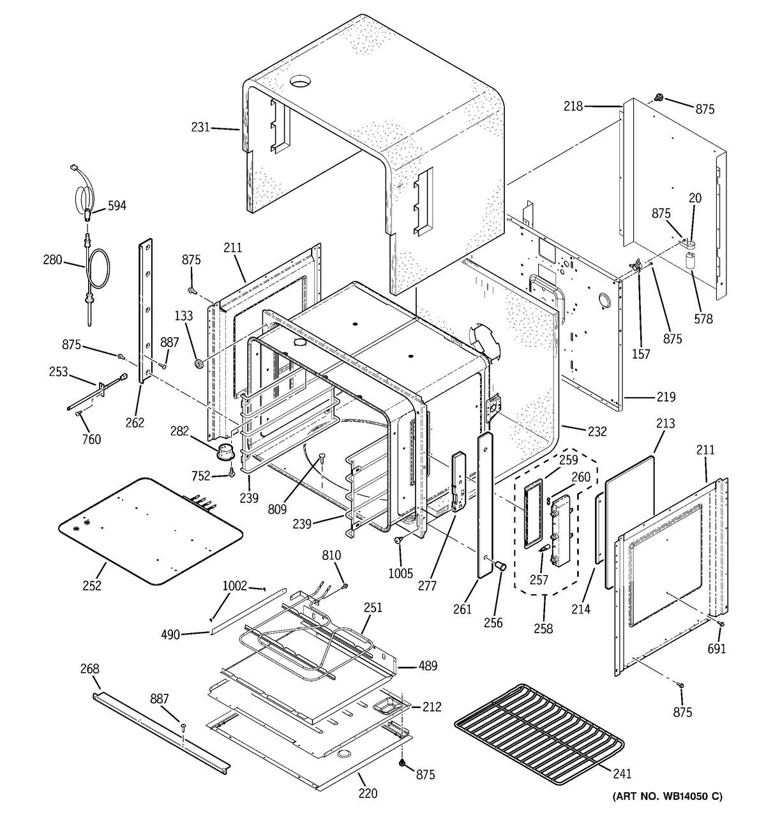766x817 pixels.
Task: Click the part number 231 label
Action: [x=200, y=128]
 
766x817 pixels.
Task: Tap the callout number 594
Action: [x=117, y=206]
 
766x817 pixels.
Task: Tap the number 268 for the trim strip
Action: [x=90, y=669]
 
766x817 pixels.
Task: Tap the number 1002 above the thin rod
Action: [x=234, y=585]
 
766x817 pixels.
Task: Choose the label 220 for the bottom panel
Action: [x=368, y=793]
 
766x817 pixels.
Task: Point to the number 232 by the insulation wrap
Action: [x=597, y=431]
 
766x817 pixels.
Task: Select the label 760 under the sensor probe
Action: [x=91, y=439]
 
